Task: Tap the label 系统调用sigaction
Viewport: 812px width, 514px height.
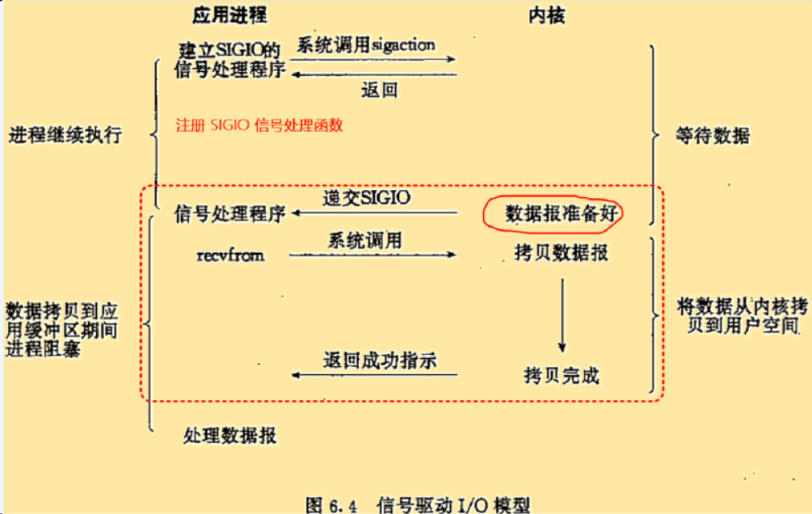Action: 365,44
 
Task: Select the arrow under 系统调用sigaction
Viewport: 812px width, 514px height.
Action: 373,59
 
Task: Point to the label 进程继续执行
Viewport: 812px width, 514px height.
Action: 65,134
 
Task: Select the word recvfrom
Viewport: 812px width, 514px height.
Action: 230,255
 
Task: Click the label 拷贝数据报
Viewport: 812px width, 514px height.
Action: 561,253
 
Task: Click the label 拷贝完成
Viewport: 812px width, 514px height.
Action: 562,375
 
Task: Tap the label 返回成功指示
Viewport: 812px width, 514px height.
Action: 379,360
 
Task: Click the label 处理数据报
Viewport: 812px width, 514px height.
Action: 230,436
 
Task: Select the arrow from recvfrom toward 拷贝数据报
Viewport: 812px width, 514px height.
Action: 372,255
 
